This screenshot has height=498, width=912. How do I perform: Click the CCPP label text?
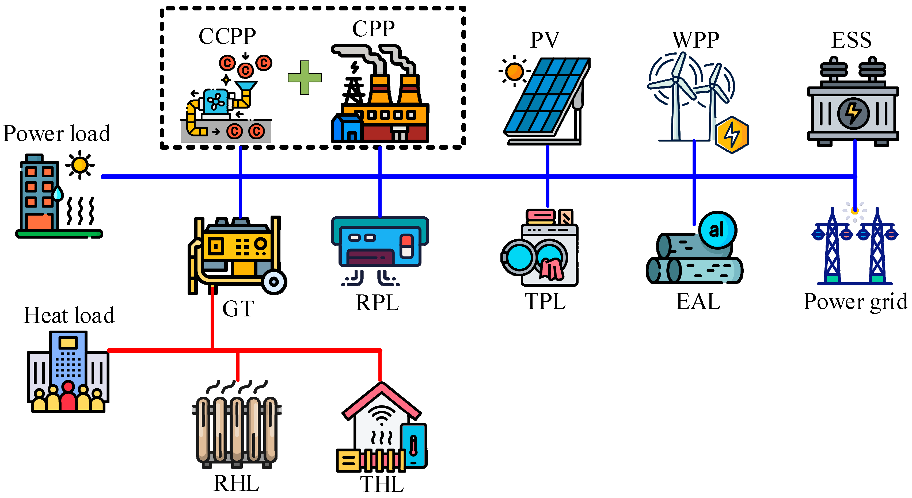[x=227, y=36]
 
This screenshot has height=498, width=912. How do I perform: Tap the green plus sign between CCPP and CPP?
[x=305, y=78]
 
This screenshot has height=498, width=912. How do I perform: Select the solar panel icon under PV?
[x=547, y=101]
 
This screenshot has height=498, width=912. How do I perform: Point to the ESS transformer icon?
[x=853, y=103]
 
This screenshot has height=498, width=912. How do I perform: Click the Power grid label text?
[x=855, y=302]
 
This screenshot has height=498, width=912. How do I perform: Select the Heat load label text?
[x=69, y=315]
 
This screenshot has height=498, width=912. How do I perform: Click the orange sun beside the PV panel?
[x=514, y=71]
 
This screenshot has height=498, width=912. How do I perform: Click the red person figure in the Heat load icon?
[x=68, y=396]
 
